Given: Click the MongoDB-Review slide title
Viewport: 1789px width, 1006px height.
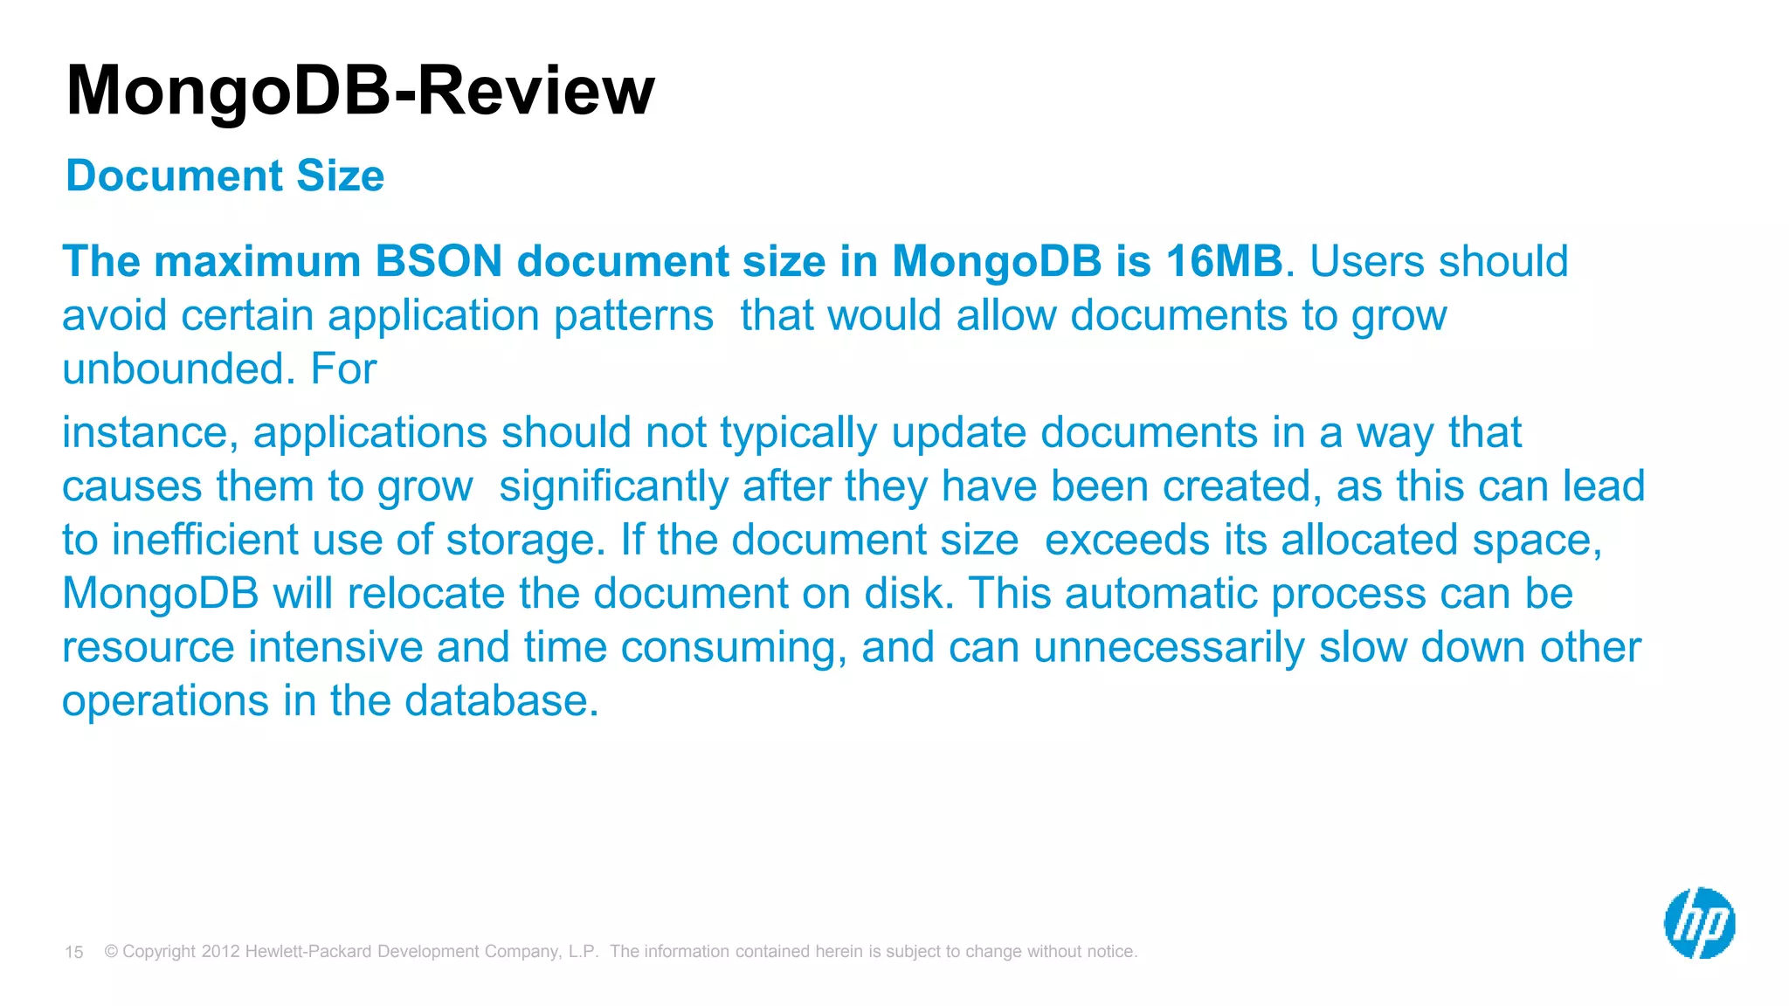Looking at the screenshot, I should coord(360,90).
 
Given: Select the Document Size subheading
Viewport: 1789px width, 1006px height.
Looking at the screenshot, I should coord(224,176).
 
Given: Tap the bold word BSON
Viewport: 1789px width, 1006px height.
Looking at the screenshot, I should coord(439,261).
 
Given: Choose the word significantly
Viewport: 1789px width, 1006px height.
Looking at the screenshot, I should coord(613,486).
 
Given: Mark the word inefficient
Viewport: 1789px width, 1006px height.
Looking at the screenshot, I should coord(204,540).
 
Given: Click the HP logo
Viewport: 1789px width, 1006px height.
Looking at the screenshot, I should coord(1699,923).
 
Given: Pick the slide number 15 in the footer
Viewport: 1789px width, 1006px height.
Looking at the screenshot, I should coord(74,952).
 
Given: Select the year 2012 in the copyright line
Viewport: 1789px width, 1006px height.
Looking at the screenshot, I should coord(220,951).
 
